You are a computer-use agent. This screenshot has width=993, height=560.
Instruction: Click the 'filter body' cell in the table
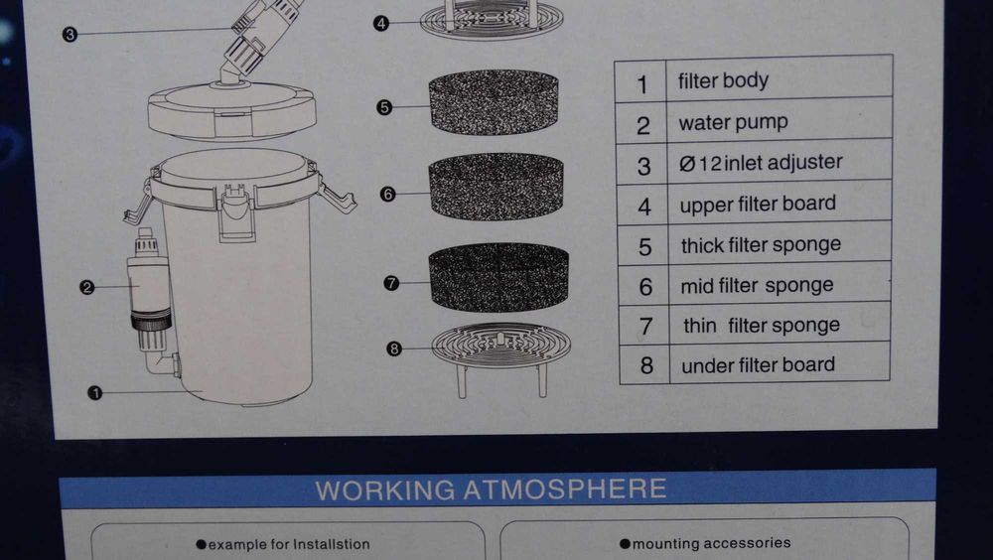(723, 81)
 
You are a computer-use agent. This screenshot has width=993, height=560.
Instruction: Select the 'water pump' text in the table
(734, 122)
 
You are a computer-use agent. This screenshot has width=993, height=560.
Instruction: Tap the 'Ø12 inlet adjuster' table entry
(761, 163)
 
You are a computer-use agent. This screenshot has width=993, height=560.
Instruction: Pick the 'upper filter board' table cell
(758, 204)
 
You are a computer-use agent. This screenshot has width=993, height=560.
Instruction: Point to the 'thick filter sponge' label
(762, 245)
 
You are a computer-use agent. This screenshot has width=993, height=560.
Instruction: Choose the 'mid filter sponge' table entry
(757, 286)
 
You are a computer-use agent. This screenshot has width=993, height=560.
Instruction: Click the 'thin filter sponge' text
(762, 326)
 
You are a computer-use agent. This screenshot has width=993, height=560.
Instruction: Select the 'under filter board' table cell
(758, 365)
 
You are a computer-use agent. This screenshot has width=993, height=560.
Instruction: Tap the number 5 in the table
(644, 247)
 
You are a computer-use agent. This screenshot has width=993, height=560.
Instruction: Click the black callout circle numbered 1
(95, 393)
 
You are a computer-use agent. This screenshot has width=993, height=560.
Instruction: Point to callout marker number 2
(86, 288)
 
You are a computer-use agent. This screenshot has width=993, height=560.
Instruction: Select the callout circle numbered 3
(70, 34)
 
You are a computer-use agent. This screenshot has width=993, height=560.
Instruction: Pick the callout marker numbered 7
(391, 283)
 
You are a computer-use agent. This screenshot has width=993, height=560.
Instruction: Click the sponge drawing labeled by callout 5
(494, 102)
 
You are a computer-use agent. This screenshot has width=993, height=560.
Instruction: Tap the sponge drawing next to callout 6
(496, 187)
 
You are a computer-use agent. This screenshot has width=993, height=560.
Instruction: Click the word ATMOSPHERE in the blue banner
(565, 490)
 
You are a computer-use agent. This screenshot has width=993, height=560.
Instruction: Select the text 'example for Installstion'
(283, 544)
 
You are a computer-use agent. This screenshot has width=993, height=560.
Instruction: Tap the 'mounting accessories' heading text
(705, 543)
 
